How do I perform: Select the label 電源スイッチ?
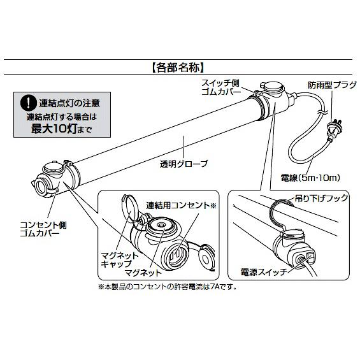coord(259,270)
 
